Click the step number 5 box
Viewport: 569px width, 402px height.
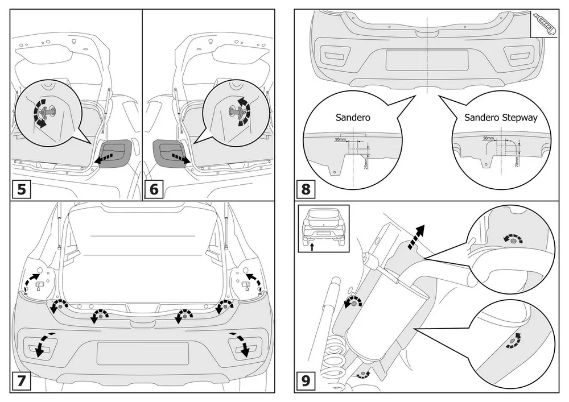22,189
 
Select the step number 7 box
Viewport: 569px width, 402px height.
22,382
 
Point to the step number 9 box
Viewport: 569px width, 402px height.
305,382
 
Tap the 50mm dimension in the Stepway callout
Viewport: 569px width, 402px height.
488,138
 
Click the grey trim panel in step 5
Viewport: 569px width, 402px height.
116,152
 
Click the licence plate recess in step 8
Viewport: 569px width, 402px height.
427,59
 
